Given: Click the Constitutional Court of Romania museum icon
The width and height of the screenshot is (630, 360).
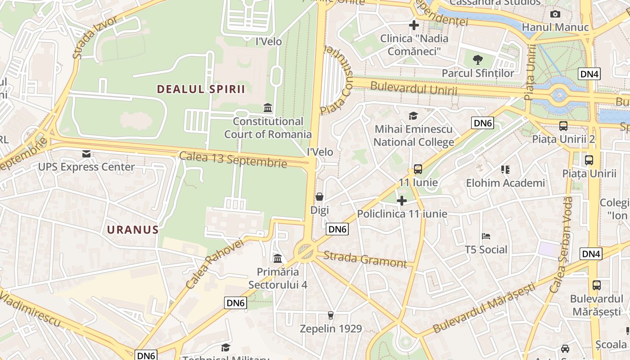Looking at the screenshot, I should (x=268, y=108).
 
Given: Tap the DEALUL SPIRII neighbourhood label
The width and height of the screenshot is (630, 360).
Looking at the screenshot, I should (x=201, y=89).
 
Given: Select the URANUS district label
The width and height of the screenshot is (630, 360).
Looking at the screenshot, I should (x=133, y=230).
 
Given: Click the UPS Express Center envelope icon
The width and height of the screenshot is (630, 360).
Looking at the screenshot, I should (x=86, y=154).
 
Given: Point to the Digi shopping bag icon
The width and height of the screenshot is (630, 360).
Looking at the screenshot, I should (x=319, y=197).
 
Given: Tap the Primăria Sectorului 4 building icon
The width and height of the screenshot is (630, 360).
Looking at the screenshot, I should (x=278, y=258).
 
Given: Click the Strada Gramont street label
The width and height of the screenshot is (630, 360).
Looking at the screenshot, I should (x=365, y=259).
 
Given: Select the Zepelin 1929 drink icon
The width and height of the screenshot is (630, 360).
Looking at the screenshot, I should (x=331, y=315).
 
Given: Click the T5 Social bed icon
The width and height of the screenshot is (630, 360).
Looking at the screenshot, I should (x=486, y=236).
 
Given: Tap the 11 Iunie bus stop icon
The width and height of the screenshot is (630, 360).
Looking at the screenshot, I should (x=418, y=169).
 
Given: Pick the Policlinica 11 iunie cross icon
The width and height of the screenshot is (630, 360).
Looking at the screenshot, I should (x=402, y=200).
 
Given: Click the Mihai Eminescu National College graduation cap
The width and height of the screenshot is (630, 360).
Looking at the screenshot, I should (x=414, y=116).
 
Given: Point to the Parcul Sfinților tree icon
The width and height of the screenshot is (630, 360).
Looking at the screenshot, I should (x=478, y=59).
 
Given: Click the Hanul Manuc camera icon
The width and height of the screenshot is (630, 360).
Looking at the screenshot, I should (x=555, y=14).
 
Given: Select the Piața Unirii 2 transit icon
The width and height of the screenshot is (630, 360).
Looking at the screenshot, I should (x=563, y=126).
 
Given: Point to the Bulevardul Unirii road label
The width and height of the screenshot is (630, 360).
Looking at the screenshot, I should (x=413, y=88).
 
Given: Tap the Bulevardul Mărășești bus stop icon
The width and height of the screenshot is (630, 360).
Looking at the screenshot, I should (x=596, y=285).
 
